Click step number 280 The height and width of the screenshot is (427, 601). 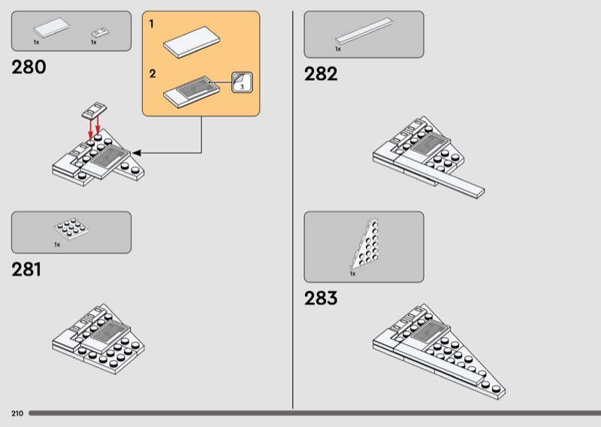tap(29, 67)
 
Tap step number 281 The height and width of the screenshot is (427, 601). tap(26, 269)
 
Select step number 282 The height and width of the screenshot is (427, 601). tap(321, 74)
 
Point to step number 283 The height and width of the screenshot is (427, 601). tap(321, 298)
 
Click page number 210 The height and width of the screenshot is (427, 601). tap(17, 413)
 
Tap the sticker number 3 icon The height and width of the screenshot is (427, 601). tap(242, 83)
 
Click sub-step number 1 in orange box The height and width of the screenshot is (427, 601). tap(152, 24)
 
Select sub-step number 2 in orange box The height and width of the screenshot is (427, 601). tap(153, 74)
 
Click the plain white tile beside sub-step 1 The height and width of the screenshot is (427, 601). tap(192, 42)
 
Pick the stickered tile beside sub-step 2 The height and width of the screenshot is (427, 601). tap(192, 92)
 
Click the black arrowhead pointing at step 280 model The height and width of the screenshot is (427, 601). tap(137, 153)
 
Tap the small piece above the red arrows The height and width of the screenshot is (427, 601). tap(95, 110)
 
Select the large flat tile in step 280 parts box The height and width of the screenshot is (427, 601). tap(51, 28)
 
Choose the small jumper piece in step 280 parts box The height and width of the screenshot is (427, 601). tap(100, 32)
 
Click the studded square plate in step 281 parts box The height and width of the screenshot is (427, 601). tap(71, 229)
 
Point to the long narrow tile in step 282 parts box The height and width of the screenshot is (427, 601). tap(364, 31)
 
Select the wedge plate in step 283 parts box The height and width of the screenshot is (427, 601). tap(365, 244)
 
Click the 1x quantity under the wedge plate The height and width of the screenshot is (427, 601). tap(352, 274)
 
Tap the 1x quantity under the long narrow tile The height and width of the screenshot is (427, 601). tap(338, 49)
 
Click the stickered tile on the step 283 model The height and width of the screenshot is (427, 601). tap(430, 330)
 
